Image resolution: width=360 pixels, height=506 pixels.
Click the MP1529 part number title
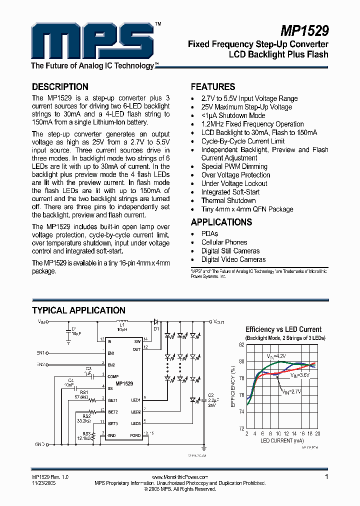tap(304, 31)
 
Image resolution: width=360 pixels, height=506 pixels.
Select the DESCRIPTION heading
tap(60, 86)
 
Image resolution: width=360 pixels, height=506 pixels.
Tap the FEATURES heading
tap(213, 86)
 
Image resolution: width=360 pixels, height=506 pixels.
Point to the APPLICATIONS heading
tap(221, 222)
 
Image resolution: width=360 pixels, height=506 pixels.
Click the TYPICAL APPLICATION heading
tap(78, 310)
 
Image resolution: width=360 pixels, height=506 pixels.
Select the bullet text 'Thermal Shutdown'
tap(228, 200)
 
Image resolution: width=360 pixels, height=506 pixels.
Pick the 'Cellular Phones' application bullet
tap(224, 242)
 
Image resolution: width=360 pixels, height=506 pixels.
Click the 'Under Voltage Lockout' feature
tap(234, 183)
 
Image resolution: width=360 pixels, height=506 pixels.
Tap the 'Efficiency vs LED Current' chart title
tap(283, 329)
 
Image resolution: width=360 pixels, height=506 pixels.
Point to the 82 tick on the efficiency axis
tap(241, 345)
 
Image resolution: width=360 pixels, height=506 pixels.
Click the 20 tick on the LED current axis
tap(317, 433)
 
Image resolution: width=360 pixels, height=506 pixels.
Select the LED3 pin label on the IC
tap(136, 423)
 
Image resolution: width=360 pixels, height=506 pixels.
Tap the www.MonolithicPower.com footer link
tap(180, 477)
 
